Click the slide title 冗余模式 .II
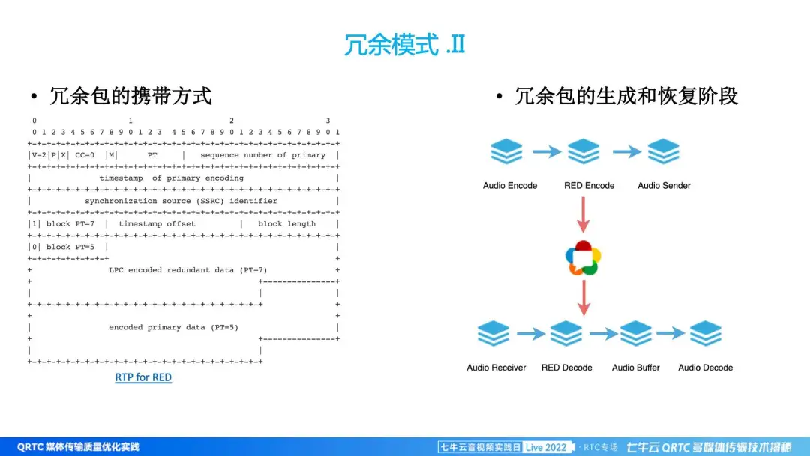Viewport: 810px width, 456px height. pos(404,44)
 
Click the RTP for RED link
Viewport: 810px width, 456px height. pos(143,377)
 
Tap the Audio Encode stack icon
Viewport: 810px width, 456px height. pos(506,152)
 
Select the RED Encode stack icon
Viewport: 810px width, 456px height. pos(584,152)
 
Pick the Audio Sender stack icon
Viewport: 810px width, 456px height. pos(664,152)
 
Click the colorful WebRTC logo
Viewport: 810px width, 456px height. pos(583,258)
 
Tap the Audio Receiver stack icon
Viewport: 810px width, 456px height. pos(493,334)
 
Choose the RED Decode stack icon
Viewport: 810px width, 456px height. pos(566,334)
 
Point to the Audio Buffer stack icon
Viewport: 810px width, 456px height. pos(636,334)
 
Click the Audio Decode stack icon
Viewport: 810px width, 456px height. pos(705,334)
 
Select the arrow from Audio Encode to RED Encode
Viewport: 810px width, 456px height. pos(546,152)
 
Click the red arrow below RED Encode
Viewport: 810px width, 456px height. pos(583,215)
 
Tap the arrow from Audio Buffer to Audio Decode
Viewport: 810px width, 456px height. pos(670,334)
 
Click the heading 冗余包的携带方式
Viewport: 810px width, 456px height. pos(131,96)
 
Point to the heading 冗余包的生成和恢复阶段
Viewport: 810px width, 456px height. pos(626,96)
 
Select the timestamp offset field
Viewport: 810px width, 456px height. pos(157,224)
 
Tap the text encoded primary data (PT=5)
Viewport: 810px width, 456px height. pos(174,328)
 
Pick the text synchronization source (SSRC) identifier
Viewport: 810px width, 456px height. pos(181,201)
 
